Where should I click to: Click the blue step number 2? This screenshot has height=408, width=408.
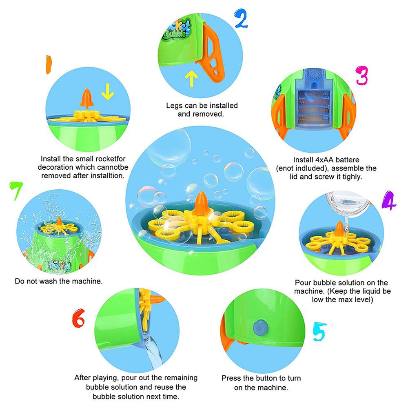pos(241,18)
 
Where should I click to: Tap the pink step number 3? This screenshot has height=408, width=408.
pos(362,75)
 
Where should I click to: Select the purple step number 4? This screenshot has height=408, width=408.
pos(388,200)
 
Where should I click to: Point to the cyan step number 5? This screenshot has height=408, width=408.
pos(319,331)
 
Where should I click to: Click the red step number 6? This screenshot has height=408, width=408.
pos(79,318)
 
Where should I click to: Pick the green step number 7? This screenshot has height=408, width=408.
pos(16,191)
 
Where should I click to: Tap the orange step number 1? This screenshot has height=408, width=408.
pos(49,64)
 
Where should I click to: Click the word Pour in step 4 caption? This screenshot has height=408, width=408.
pos(303,283)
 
